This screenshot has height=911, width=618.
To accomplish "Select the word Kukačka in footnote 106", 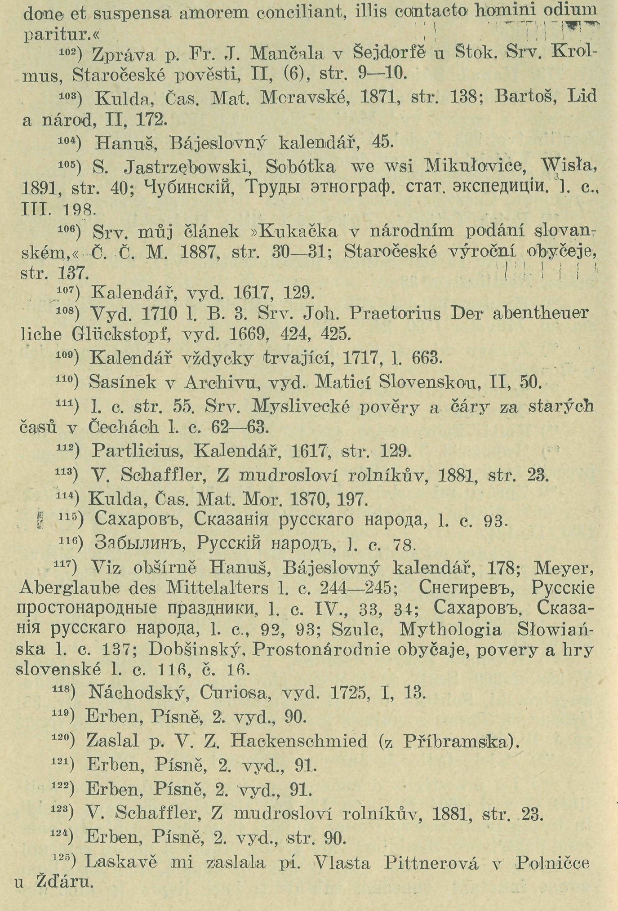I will [x=298, y=231].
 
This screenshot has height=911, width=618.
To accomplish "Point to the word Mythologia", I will [x=450, y=629].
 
